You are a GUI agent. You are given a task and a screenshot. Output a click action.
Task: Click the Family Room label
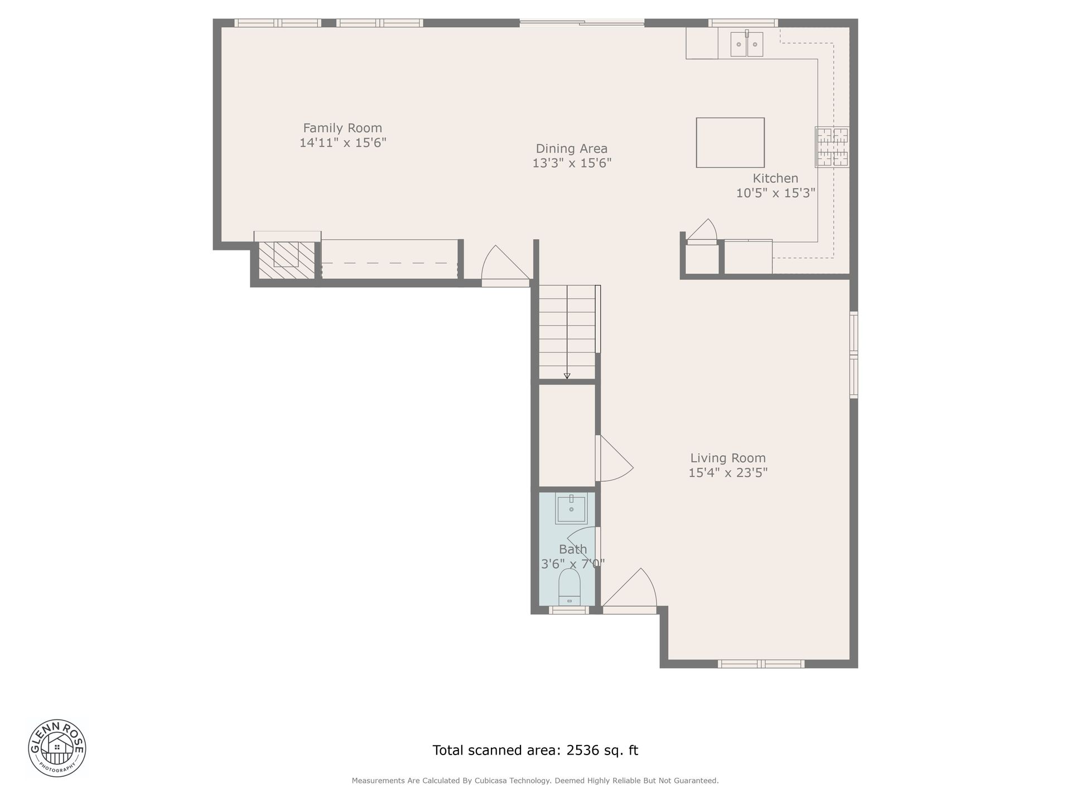pos(342,128)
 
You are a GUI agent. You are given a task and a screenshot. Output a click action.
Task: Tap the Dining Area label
pos(572,149)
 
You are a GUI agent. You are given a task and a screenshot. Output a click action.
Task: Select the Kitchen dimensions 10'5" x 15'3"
pos(776,193)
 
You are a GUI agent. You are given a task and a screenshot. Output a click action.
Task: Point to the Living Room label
pos(728,458)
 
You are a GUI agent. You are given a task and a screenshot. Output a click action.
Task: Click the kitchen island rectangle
pos(730,143)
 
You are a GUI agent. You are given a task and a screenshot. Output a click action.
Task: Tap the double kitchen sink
pos(747,43)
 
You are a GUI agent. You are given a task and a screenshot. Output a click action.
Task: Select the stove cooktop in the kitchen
pos(832,147)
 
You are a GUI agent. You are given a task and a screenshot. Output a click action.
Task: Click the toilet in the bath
pos(570,587)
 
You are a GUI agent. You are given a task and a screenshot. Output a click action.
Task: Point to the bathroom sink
pos(571,509)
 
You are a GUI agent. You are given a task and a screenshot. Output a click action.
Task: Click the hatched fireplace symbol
pos(287,260)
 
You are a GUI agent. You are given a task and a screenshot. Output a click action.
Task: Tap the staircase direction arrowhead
pos(567,376)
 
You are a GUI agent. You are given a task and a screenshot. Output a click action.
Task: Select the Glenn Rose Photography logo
pos(57,748)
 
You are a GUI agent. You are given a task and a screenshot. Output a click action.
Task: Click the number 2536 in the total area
pos(583,751)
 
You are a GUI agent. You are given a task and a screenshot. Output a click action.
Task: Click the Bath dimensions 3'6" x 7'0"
pos(573,564)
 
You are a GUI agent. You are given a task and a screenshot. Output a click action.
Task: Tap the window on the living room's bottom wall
pos(761,664)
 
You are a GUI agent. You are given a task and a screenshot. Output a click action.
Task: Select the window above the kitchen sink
pos(743,23)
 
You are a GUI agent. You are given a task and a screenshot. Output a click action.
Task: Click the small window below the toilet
pos(568,611)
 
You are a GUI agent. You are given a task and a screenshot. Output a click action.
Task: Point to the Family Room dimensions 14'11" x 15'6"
pos(342,143)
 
